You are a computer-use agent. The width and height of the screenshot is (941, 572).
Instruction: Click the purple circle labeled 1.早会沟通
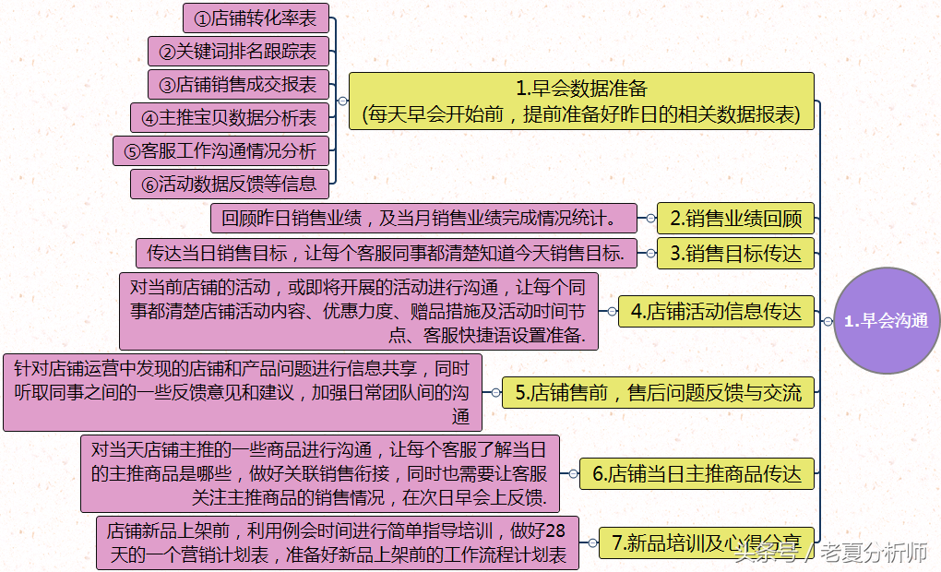pos(887,320)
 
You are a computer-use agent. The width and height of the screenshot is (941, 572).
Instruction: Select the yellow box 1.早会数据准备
pos(581,101)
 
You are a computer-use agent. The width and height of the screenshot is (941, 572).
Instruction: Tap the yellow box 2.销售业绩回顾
pos(735,218)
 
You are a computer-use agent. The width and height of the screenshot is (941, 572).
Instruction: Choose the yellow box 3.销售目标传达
pos(735,254)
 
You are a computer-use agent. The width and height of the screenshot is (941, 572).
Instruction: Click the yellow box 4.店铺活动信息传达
pos(716,311)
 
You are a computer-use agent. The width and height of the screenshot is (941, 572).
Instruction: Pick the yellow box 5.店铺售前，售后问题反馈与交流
pos(658,392)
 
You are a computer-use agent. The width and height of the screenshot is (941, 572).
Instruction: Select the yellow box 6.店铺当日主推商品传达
pos(697,473)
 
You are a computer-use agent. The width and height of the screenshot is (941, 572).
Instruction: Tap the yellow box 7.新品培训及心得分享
pos(707,542)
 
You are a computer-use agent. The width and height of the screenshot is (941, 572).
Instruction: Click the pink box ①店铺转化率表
pos(256,18)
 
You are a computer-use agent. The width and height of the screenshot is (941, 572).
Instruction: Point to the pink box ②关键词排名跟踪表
pos(238,51)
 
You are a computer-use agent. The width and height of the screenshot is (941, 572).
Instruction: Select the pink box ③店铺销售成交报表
pos(238,84)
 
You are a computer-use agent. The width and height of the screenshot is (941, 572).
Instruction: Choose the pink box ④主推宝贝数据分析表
pos(229,117)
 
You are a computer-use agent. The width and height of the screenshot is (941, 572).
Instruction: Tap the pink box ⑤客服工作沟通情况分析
pos(220,150)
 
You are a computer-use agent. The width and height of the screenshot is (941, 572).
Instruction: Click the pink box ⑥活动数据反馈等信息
pos(229,184)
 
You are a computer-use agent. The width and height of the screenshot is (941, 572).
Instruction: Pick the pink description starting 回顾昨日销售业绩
pos(423,218)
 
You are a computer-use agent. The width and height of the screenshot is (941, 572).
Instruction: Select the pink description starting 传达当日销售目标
pos(387,254)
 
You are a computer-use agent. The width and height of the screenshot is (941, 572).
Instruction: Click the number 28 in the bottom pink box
pos(555,530)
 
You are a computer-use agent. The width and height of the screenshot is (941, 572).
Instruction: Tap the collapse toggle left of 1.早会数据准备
pos(342,101)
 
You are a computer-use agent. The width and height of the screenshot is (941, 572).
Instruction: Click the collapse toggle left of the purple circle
pos(828,321)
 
